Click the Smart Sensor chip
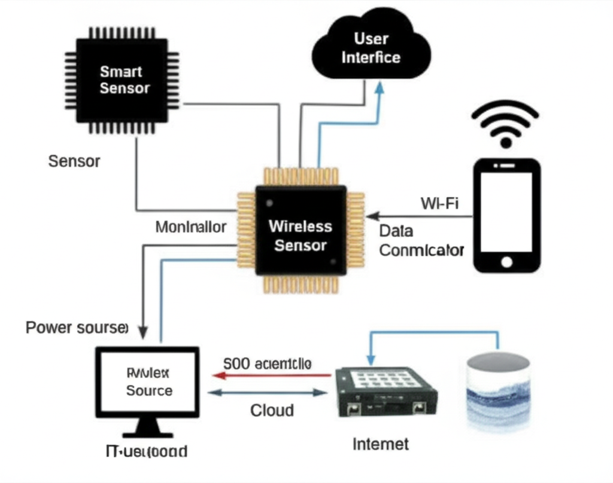click(x=122, y=79)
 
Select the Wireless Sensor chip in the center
click(x=301, y=234)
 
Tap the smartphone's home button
click(x=507, y=261)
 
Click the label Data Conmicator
click(x=421, y=241)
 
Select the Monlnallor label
click(x=190, y=227)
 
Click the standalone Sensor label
click(x=74, y=161)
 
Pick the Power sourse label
click(x=77, y=328)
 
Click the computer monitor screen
click(x=148, y=382)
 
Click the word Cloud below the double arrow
click(x=272, y=410)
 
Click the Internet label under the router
click(x=381, y=444)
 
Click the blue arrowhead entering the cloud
click(x=378, y=87)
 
